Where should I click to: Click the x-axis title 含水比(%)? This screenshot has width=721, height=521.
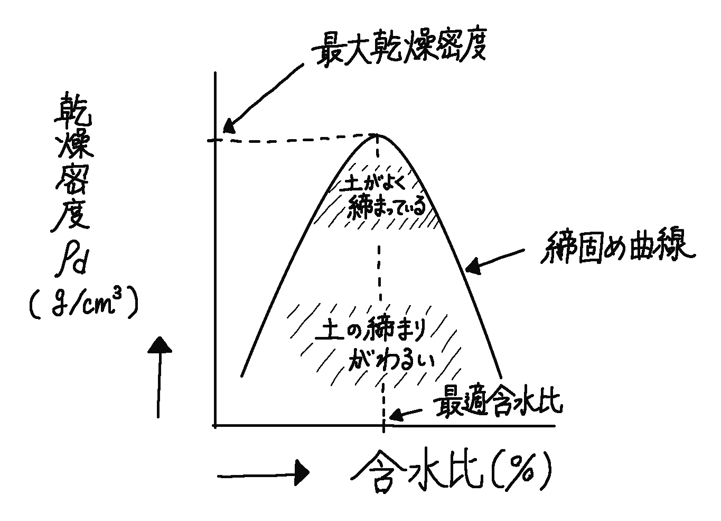451,470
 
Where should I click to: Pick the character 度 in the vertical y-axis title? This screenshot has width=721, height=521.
71,215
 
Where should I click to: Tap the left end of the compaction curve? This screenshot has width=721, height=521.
241,376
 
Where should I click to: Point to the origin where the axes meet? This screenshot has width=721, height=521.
215,425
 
